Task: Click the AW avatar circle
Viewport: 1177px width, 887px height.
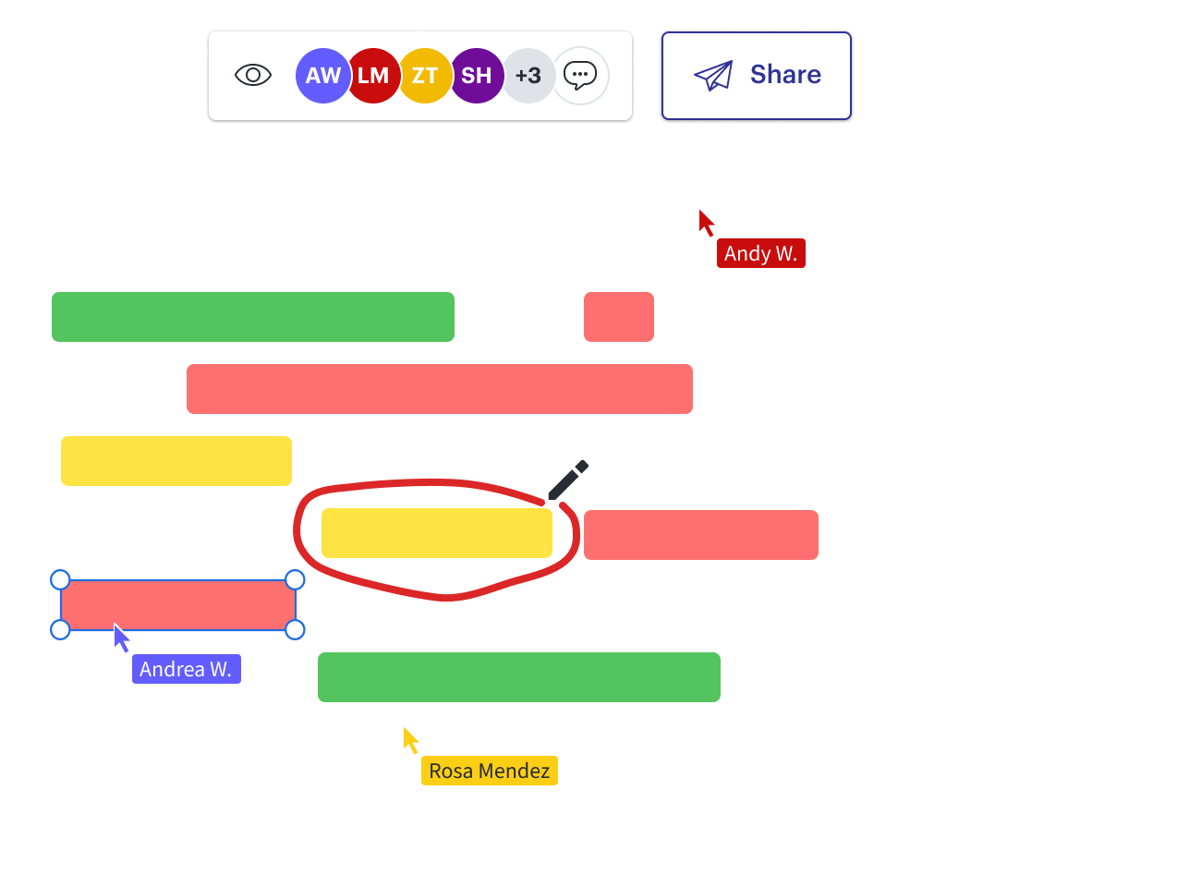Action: tap(322, 76)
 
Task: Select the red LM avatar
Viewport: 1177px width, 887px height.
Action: tap(373, 76)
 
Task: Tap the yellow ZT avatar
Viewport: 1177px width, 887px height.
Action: tap(425, 76)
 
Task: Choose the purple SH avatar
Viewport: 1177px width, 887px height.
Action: tap(477, 76)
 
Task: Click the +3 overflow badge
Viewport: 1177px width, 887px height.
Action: tap(528, 76)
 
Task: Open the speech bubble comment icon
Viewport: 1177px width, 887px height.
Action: tap(580, 76)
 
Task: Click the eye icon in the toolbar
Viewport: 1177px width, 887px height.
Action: tap(253, 76)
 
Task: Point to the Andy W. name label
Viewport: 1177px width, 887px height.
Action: tap(760, 253)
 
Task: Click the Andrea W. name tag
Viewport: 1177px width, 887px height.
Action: tap(186, 669)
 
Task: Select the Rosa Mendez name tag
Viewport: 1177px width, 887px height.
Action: tap(489, 771)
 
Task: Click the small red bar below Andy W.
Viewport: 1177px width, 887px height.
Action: tap(619, 317)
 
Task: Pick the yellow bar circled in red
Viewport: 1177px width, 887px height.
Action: tap(437, 533)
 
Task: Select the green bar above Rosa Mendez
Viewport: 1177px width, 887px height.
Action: tap(519, 677)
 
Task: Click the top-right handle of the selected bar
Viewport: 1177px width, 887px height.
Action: tap(295, 579)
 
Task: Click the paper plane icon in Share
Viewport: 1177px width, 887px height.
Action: tap(713, 75)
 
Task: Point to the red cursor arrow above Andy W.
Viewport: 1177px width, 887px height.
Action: tap(707, 223)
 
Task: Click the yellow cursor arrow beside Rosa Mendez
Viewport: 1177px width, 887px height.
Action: tap(411, 740)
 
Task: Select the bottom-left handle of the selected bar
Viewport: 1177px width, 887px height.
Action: tap(60, 629)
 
